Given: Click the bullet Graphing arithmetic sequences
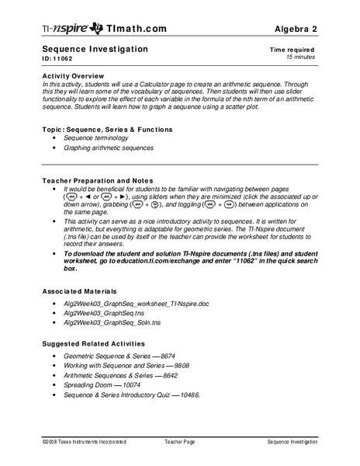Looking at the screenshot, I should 109,147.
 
